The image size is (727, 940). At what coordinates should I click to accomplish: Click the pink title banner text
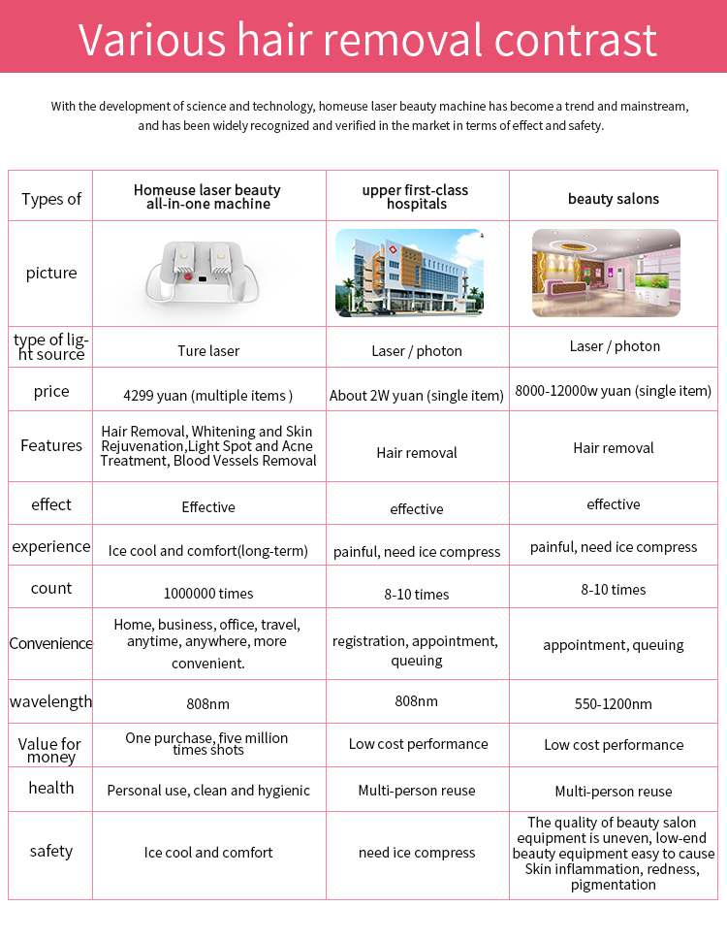pos(367,41)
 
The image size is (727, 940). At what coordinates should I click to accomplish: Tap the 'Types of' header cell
pos(51,199)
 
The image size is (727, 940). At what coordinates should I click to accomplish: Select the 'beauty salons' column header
pos(614,199)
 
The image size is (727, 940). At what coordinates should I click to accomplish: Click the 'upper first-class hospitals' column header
pos(417,197)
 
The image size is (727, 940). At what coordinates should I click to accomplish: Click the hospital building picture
pos(409,274)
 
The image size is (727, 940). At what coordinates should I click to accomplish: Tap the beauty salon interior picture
pos(606,273)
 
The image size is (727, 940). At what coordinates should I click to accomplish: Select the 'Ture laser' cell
pos(208,350)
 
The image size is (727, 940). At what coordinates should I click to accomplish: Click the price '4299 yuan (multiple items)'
pos(208,395)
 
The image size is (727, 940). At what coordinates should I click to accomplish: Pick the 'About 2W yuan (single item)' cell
pos(417,396)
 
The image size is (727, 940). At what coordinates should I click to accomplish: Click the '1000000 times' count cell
pos(208,593)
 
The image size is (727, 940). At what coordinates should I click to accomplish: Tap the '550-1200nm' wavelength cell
pos(614,704)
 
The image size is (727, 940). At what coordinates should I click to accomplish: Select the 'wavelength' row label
pos(51,701)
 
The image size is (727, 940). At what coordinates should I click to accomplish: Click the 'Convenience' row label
pos(51,643)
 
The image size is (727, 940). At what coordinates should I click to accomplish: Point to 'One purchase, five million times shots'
pos(207,744)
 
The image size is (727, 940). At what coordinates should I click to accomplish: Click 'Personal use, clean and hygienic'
pos(208,791)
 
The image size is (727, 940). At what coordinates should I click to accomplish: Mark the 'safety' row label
pos(51,851)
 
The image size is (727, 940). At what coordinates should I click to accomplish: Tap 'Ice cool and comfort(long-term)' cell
pos(208,551)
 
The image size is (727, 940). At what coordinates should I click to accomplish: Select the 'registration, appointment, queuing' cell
pos(416,651)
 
